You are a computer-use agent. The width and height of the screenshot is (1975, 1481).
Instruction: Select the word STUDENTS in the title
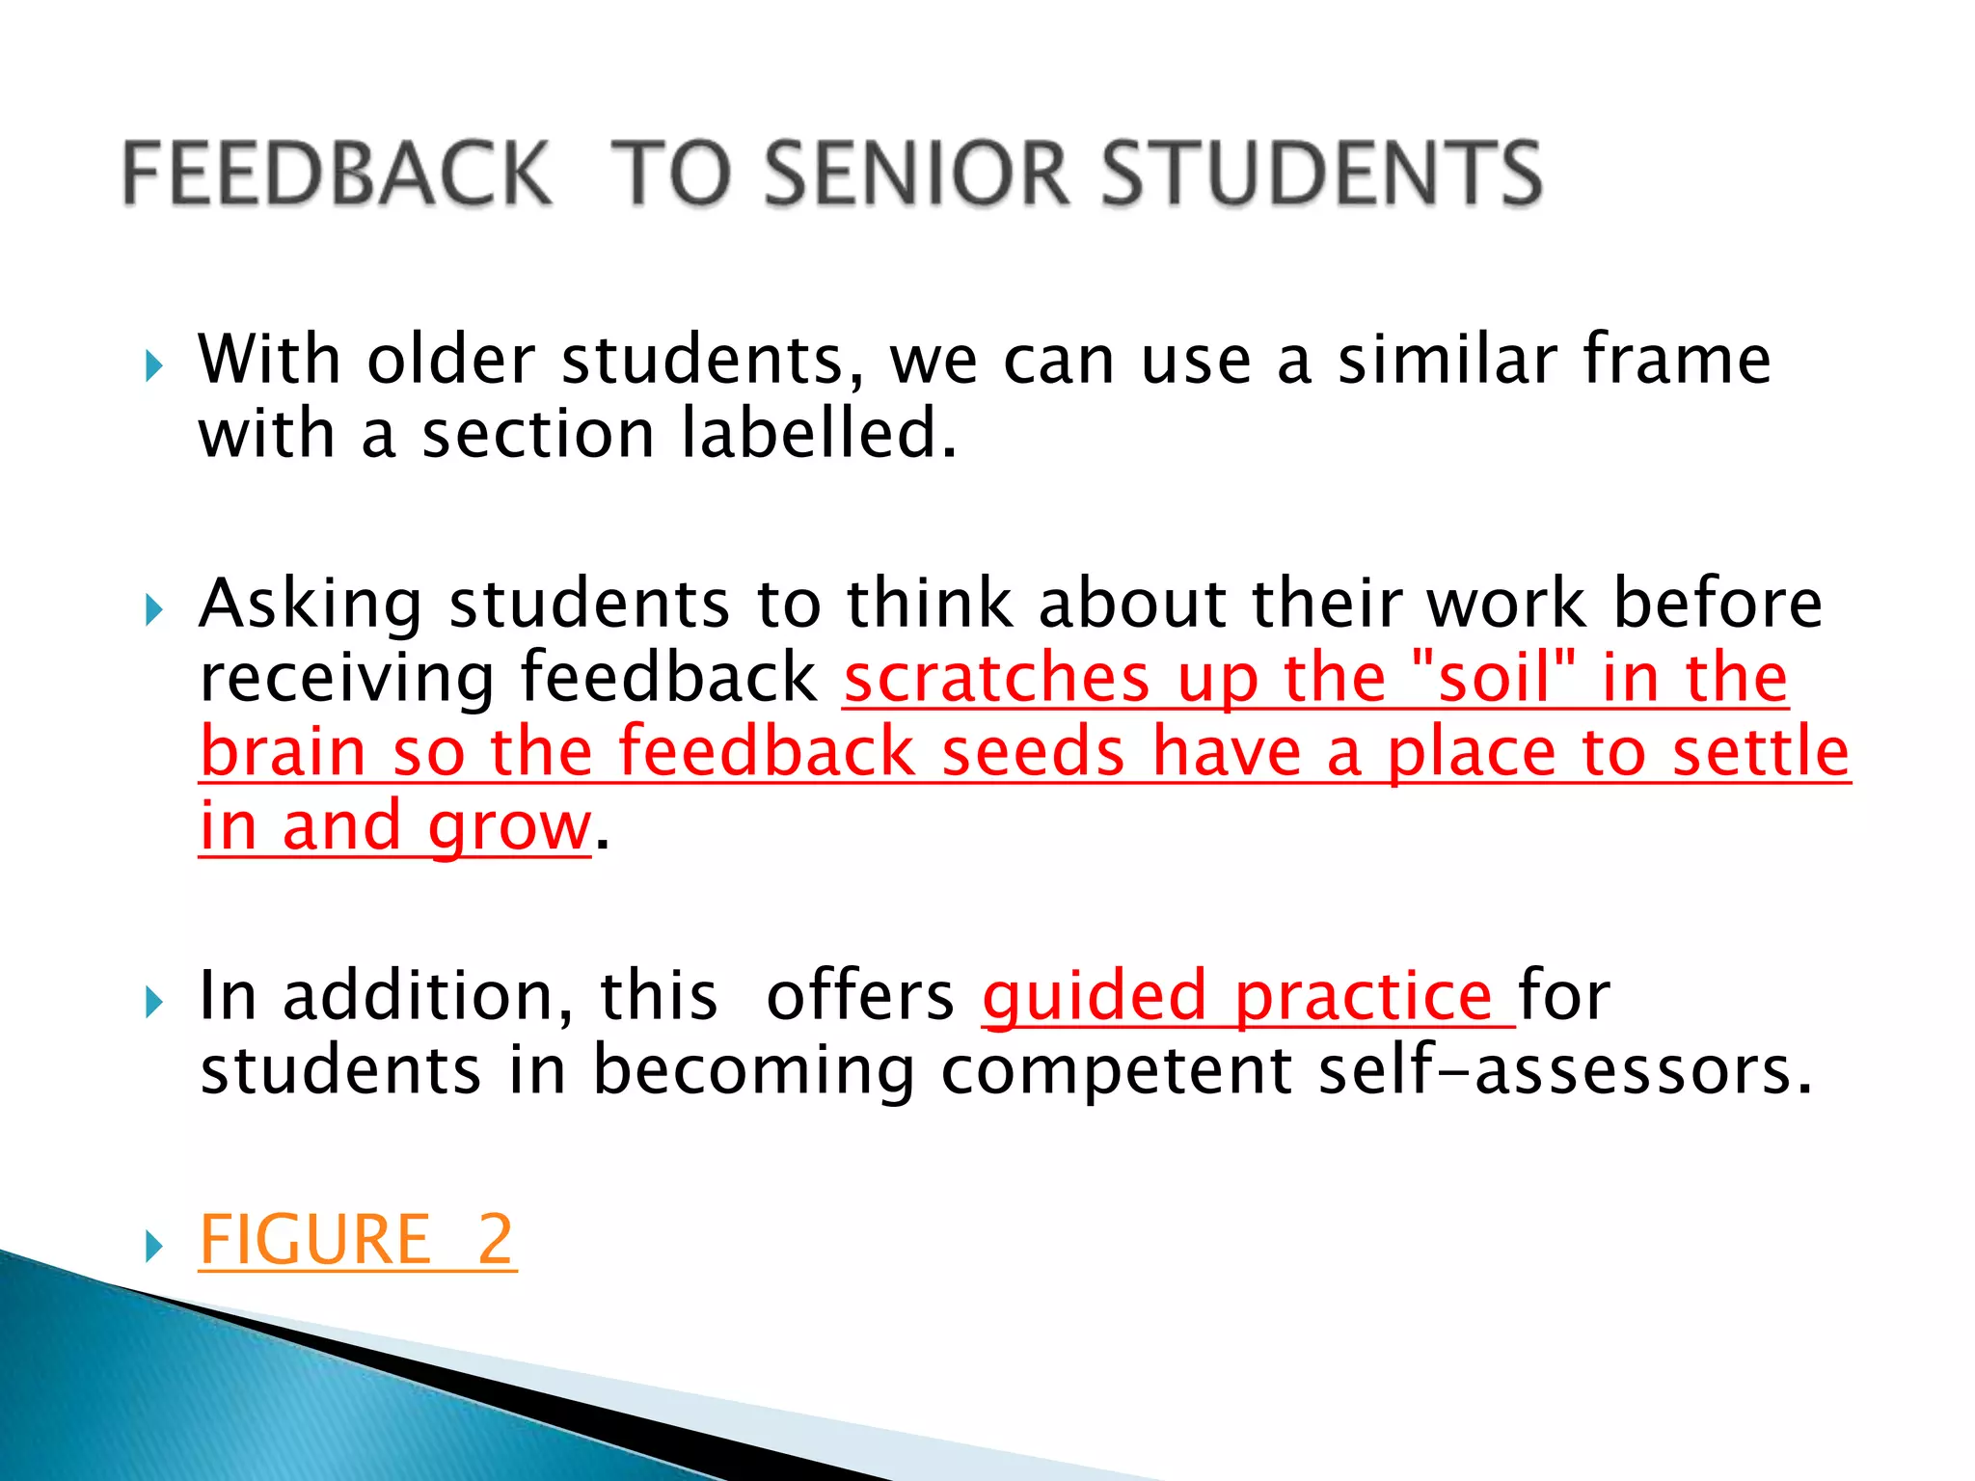tap(1321, 174)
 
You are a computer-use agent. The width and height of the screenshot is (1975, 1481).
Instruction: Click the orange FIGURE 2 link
tap(358, 1240)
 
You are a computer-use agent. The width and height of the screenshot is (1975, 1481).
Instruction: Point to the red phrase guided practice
tap(1247, 996)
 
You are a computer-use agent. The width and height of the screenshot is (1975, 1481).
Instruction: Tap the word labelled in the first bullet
tap(819, 433)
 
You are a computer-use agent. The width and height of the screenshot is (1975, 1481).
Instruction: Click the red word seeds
tap(1033, 752)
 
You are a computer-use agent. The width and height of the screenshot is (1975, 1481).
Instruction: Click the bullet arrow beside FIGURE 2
tap(153, 1247)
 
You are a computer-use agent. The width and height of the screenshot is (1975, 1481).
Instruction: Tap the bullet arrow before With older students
tap(153, 366)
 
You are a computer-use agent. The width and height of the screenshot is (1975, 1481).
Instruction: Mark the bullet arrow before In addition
tap(153, 1003)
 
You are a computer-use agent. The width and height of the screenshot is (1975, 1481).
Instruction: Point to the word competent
tap(1116, 1071)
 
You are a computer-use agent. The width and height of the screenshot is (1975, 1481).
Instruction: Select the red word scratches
tap(997, 677)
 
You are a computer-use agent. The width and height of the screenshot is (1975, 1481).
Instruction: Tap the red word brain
tap(284, 752)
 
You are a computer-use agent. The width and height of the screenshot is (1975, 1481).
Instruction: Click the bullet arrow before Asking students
tap(153, 610)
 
